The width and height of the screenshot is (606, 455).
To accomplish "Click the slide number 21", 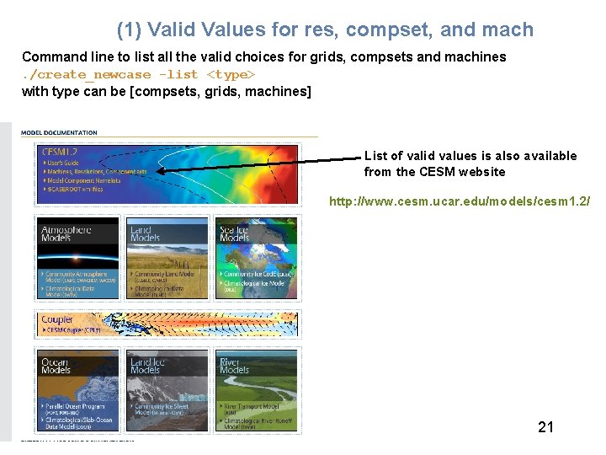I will (546, 427).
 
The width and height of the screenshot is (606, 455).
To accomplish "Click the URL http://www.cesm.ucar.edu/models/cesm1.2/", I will (459, 201).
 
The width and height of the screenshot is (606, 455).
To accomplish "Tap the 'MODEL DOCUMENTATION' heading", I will (59, 132).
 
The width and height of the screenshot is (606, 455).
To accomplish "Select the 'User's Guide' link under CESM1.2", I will (62, 163).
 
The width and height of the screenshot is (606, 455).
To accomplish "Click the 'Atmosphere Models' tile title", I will (67, 232).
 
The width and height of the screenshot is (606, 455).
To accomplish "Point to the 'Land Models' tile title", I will (141, 232).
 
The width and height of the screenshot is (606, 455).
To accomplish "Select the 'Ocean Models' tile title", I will (56, 366).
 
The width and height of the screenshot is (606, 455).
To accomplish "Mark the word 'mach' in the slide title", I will (508, 29).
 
